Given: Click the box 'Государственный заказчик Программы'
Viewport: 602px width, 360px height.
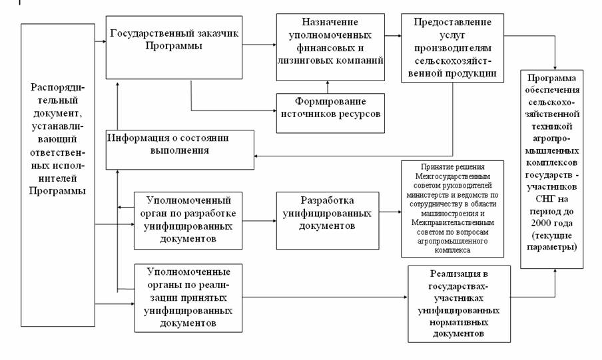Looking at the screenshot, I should [174, 47].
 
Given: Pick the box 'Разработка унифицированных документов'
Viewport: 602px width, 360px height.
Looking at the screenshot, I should [327, 212].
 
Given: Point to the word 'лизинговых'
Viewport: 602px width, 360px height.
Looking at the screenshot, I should [305, 61].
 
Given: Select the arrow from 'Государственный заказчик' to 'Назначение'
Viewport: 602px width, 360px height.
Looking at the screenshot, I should [259, 45].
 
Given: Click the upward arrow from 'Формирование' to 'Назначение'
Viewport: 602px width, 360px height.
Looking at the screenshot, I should [327, 87].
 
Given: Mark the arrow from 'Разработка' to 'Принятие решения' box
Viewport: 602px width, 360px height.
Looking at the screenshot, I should [390, 212].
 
